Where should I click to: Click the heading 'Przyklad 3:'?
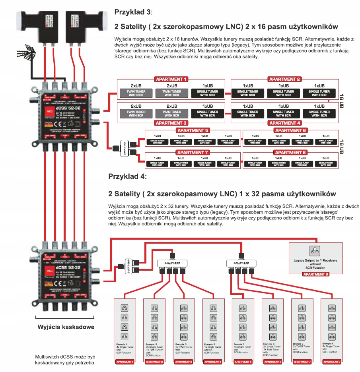(x=133, y=12)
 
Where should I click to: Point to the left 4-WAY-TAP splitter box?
(x=172, y=263)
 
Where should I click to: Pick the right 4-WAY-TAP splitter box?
(x=241, y=263)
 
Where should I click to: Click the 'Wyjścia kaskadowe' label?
(x=66, y=327)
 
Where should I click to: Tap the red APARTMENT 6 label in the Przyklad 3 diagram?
(x=290, y=130)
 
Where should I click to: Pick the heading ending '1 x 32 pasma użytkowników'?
(x=222, y=194)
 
